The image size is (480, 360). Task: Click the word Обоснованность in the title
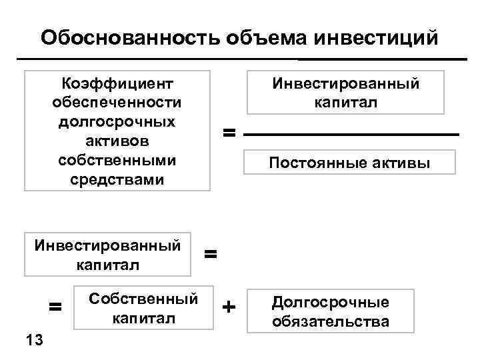click(127, 37)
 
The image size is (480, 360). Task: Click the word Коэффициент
click(117, 84)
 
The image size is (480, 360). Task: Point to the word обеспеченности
click(117, 103)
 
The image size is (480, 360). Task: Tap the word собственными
click(117, 161)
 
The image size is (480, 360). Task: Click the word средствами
click(117, 181)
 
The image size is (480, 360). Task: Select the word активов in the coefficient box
click(117, 142)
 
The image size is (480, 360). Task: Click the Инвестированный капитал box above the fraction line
click(345, 93)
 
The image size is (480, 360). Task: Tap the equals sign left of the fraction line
click(229, 134)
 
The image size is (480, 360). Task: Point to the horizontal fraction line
click(352, 135)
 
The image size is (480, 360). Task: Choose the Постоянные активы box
click(349, 163)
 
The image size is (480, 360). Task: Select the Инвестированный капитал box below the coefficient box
click(107, 254)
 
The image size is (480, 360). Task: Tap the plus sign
click(229, 307)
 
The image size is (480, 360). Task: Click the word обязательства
click(330, 322)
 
